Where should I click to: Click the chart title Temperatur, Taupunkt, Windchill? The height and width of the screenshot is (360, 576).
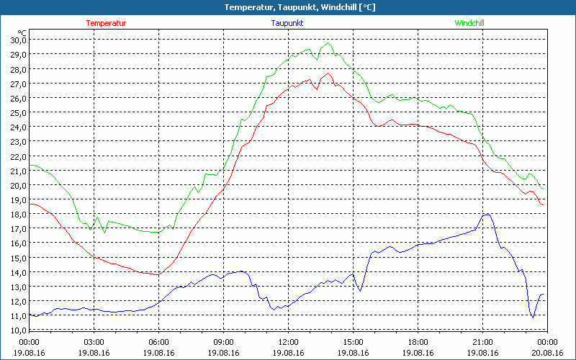[x=288, y=7]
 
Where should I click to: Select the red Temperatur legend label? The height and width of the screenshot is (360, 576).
[x=106, y=23]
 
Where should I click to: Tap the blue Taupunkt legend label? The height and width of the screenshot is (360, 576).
[x=287, y=23]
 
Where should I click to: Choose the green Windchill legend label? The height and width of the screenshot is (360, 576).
[x=469, y=23]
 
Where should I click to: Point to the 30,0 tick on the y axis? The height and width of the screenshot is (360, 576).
[x=18, y=40]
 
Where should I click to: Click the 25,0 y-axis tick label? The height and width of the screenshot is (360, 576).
[x=18, y=112]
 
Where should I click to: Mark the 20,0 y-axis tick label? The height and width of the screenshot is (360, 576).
[x=18, y=185]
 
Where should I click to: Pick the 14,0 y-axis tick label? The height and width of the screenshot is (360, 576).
[x=18, y=272]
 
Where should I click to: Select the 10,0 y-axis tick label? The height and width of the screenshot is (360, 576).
[x=18, y=330]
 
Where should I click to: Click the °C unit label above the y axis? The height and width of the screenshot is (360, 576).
[x=22, y=32]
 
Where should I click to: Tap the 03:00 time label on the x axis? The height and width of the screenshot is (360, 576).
[x=94, y=342]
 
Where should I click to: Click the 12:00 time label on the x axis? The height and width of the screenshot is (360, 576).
[x=288, y=342]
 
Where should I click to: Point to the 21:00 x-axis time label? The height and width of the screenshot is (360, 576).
[x=482, y=342]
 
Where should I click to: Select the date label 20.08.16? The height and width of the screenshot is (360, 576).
[x=547, y=352]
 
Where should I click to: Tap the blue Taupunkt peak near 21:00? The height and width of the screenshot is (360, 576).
[x=487, y=214]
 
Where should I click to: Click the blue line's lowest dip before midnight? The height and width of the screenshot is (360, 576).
[x=533, y=318]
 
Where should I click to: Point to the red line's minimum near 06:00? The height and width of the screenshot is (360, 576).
[x=158, y=275]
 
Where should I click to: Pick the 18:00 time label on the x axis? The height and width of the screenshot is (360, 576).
[x=418, y=342]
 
